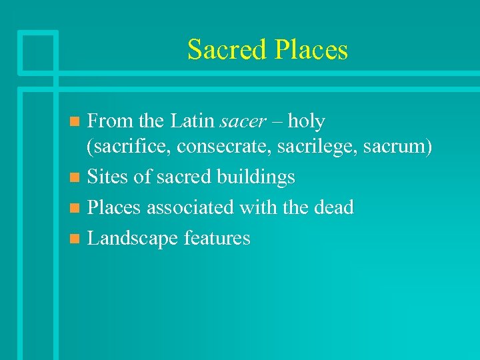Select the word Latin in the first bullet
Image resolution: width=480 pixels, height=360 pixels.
(x=192, y=122)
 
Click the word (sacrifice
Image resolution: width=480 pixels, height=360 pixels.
(x=127, y=147)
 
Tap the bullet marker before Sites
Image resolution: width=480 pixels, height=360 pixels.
(x=75, y=178)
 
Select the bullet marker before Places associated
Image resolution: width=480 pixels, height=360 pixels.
(x=75, y=208)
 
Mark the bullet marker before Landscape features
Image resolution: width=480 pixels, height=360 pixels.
(x=75, y=239)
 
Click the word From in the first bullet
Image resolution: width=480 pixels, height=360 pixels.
(x=107, y=122)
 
